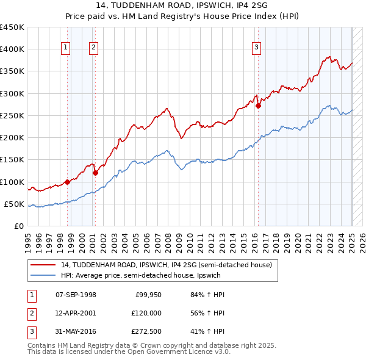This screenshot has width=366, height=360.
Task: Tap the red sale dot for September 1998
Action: (67, 181)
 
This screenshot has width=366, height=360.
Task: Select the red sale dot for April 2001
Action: (95, 173)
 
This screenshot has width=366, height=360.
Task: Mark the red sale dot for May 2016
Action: (259, 106)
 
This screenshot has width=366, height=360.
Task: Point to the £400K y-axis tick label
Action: (12, 49)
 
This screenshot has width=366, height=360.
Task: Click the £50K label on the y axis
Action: (15, 204)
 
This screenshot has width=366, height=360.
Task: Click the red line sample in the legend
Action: (42, 265)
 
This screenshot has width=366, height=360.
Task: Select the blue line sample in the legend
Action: (42, 275)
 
